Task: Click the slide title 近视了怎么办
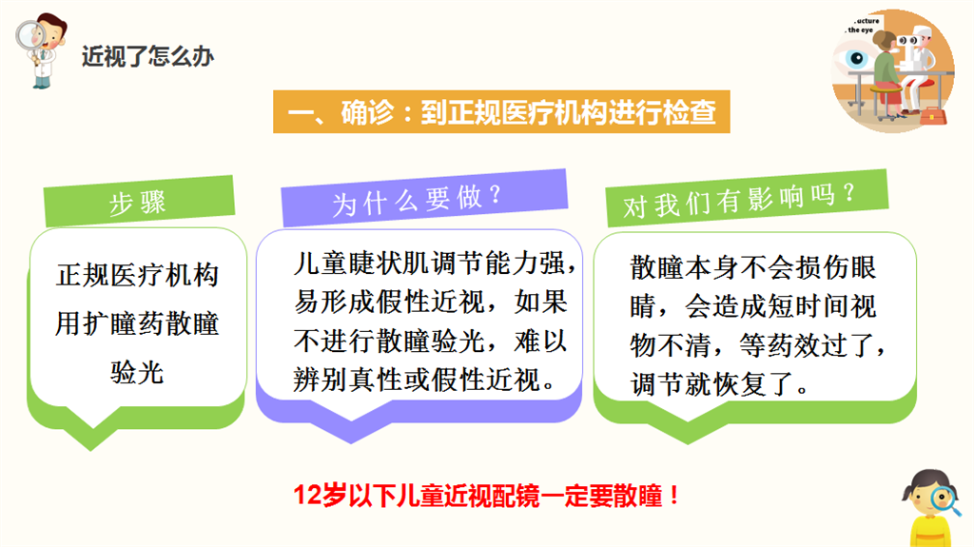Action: (x=147, y=56)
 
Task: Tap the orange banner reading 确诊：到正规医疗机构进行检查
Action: (x=501, y=112)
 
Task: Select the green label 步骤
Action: (x=139, y=202)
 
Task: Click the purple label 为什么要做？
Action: (x=424, y=198)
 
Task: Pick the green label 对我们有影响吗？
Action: (x=748, y=198)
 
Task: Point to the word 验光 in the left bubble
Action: (x=137, y=373)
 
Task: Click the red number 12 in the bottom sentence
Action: (x=307, y=496)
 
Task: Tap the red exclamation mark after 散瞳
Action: (x=674, y=496)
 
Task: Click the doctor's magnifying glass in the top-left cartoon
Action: (x=29, y=36)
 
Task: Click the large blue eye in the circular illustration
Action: (x=857, y=59)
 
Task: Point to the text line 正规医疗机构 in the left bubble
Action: (x=137, y=275)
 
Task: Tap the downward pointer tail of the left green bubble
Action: (x=92, y=440)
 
